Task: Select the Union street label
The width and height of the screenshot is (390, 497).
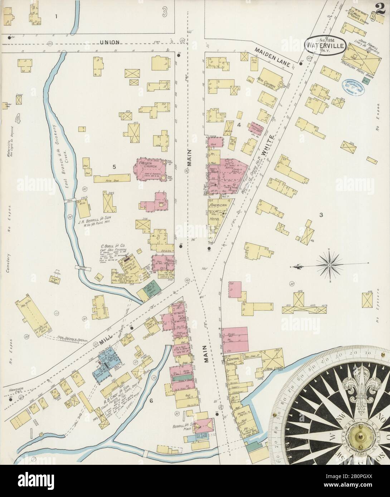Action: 109,42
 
